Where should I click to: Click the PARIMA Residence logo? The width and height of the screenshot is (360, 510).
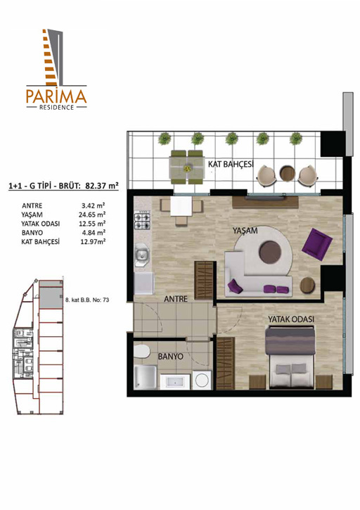(x=56, y=69)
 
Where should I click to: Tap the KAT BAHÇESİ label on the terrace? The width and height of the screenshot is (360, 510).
(x=231, y=164)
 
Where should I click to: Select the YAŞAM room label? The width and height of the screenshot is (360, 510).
(x=245, y=231)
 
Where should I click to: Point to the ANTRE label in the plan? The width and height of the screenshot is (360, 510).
(x=176, y=298)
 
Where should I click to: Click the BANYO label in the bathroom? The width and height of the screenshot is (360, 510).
(x=170, y=357)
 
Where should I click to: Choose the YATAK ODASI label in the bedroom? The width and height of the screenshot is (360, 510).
(x=291, y=319)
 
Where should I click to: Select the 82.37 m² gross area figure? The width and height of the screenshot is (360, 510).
(x=101, y=186)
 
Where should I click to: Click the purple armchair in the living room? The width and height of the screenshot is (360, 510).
(x=316, y=244)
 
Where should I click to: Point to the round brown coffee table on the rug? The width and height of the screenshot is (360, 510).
(x=270, y=252)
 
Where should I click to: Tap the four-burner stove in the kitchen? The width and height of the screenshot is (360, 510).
(x=143, y=220)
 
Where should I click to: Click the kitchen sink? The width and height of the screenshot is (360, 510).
(x=142, y=255)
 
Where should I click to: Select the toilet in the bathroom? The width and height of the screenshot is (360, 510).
(x=141, y=352)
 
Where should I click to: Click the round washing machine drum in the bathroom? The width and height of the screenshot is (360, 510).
(x=202, y=380)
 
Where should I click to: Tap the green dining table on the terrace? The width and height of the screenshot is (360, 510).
(x=186, y=167)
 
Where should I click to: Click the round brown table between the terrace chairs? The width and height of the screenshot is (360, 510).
(x=287, y=174)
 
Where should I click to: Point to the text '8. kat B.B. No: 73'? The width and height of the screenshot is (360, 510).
(x=87, y=300)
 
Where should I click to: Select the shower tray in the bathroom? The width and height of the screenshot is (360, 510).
(x=146, y=377)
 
